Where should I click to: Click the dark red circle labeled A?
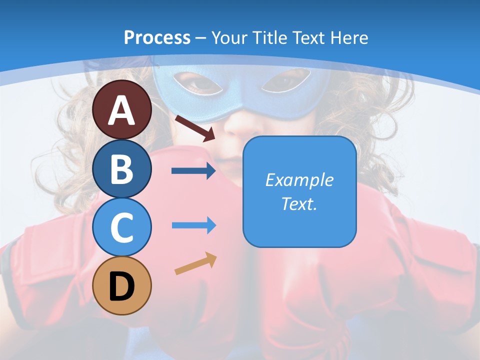click(x=122, y=109)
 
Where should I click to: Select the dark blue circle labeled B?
click(x=122, y=168)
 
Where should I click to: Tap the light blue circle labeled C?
click(x=122, y=227)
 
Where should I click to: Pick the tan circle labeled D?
click(x=122, y=286)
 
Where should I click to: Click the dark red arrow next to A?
click(x=195, y=128)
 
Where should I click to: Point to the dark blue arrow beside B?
click(x=193, y=171)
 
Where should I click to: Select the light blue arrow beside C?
click(x=193, y=225)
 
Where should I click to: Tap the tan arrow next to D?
click(x=196, y=263)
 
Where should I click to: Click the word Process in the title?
click(x=157, y=37)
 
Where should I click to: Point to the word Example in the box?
click(x=299, y=180)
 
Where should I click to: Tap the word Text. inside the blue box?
click(x=299, y=203)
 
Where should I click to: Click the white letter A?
click(x=122, y=110)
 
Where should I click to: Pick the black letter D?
click(x=122, y=287)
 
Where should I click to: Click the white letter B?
click(x=122, y=169)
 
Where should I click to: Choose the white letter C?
click(x=122, y=227)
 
